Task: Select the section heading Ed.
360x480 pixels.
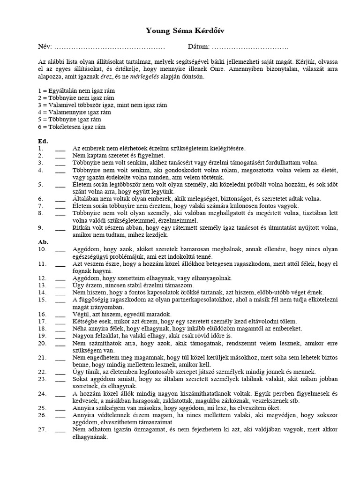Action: point(43,141)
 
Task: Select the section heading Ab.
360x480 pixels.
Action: point(43,242)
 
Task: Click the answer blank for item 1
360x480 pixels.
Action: point(60,149)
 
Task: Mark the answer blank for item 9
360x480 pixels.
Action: point(60,229)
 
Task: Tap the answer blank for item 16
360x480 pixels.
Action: point(60,315)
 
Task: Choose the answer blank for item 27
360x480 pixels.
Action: point(60,430)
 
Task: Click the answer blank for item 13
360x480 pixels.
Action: point(60,285)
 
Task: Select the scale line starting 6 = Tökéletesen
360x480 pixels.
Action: point(72,127)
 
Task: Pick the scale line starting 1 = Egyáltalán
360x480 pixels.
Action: point(76,90)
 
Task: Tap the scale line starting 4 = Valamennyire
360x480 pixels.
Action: point(75,112)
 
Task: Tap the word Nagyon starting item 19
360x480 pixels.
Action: point(83,336)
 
